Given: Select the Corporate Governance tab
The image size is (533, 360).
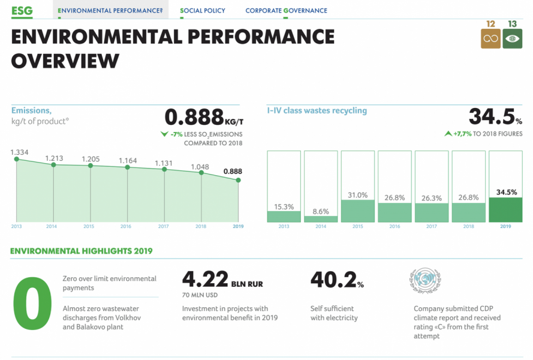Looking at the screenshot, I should coord(286,11).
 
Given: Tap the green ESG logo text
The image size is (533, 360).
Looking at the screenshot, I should coord(22,10).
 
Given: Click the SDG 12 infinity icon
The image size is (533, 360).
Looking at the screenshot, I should coord(490,39).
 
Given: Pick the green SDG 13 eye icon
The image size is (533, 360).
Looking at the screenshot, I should coord(512,39).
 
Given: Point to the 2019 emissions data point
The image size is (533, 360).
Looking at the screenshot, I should coord(239,180).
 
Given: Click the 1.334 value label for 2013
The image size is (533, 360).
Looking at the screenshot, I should coord(20,152).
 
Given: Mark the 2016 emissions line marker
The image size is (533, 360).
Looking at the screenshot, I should coord(128,167).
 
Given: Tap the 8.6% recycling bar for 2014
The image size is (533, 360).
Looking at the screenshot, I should coord(321,219).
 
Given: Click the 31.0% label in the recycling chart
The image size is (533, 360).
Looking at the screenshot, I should coord(358,195).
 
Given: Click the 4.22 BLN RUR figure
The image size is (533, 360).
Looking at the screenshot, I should coord(222,281).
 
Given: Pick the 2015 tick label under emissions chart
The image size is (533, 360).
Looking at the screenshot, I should coord(89,227).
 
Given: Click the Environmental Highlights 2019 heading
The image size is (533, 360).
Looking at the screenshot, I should coord(82,251).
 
